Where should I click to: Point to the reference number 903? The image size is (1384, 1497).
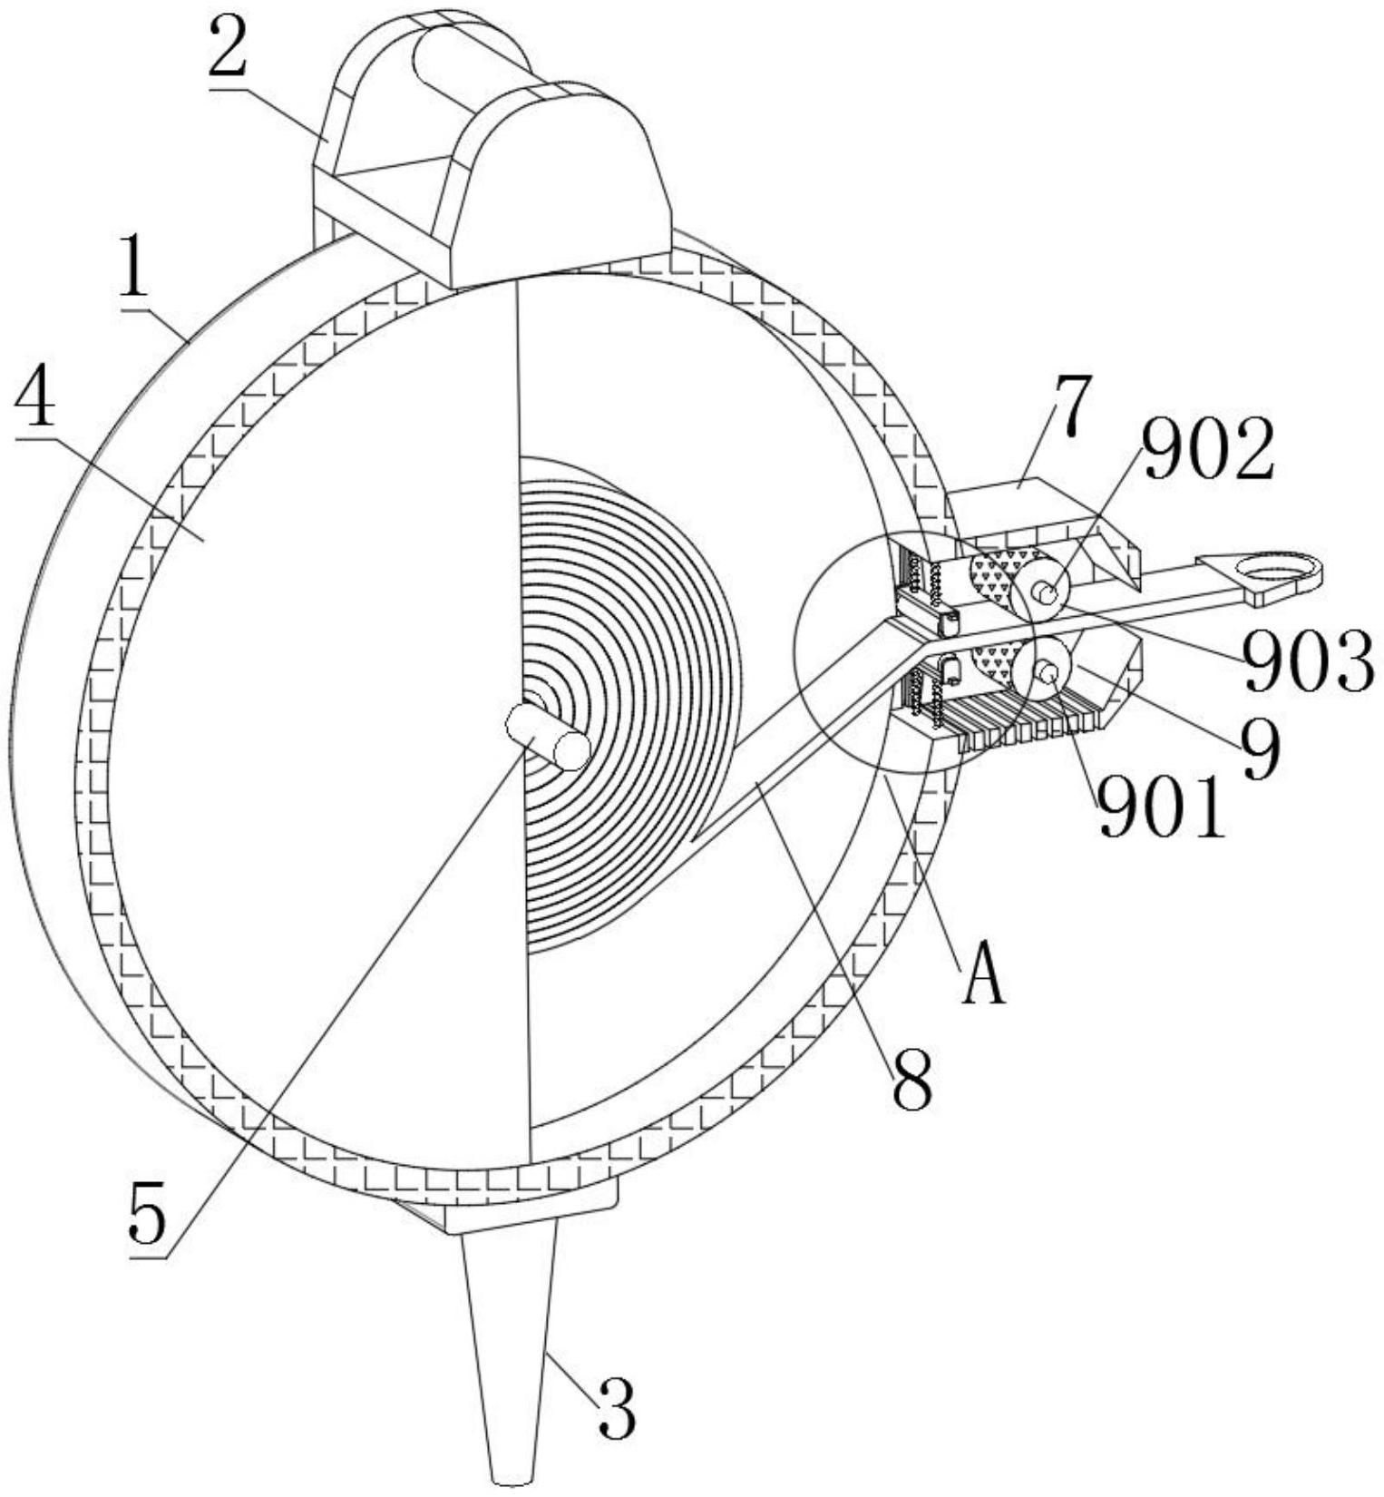click(x=1308, y=660)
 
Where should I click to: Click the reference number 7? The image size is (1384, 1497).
click(x=1071, y=408)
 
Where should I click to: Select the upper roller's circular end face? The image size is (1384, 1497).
click(x=1041, y=592)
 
